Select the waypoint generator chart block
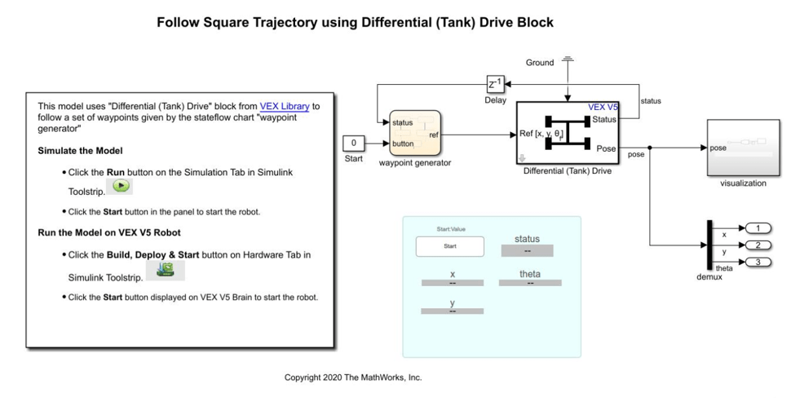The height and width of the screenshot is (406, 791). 415,133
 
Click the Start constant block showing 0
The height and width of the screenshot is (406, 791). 353,143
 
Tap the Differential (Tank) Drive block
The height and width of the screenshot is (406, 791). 568,133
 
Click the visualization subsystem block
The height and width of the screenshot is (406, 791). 743,148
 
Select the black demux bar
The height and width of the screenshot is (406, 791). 709,245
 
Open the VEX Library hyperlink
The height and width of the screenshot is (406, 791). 285,106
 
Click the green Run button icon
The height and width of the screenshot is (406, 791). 120,186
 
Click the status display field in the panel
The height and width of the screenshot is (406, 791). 527,251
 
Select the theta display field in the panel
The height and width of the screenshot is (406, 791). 529,283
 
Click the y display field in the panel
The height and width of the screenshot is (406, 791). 452,311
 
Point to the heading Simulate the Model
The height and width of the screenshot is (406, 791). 80,151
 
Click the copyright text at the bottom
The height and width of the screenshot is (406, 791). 352,377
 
